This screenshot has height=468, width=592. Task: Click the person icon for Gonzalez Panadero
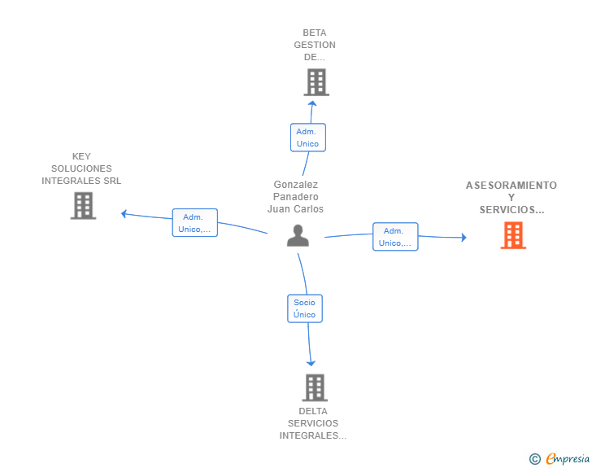point(298,235)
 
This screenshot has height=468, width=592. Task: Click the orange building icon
point(512,235)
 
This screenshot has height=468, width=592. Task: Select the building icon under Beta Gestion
point(316,82)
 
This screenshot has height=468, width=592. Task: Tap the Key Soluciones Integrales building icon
point(83,205)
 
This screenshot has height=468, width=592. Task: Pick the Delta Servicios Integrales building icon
point(315,387)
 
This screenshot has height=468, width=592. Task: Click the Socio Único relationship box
point(305,308)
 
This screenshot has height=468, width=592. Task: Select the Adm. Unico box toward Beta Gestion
point(307,138)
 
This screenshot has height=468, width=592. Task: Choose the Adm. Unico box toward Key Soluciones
point(194,223)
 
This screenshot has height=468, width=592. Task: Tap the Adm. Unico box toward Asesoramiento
point(395,236)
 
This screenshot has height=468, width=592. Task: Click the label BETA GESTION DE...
point(315,46)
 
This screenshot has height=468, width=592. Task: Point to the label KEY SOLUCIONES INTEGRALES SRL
point(81,168)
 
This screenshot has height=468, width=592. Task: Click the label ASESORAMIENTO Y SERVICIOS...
point(511,198)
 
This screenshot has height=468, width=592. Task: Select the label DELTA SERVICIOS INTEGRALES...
point(313,423)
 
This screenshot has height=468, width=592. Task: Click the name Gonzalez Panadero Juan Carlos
point(296,197)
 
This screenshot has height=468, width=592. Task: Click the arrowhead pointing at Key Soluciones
point(124,214)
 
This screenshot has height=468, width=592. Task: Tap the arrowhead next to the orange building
point(464,238)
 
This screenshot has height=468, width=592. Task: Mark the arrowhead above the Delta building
point(311,363)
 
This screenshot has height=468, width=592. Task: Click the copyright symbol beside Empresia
point(535,459)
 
